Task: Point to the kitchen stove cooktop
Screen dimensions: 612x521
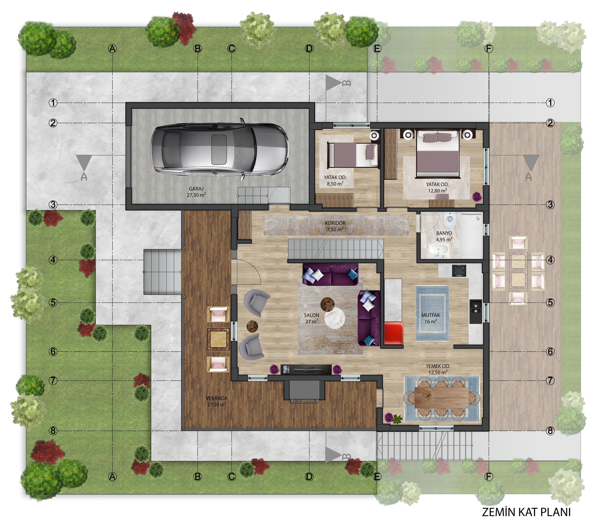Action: [459, 271]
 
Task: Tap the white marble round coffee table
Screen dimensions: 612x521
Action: [335, 318]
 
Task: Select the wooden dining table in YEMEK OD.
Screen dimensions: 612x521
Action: [441, 397]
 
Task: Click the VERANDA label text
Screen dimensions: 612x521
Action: [216, 398]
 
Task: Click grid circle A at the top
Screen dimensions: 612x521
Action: [112, 49]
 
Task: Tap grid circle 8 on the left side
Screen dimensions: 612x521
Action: [53, 431]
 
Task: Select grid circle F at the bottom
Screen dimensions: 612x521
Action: [489, 476]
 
